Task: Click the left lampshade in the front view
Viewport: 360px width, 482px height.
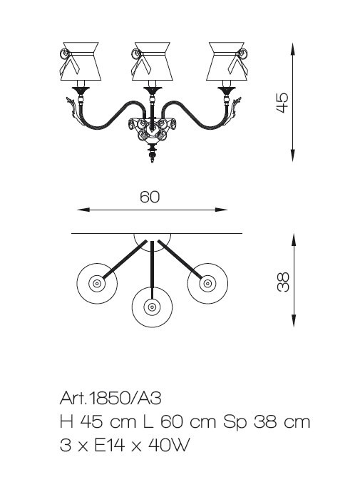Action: coord(81,61)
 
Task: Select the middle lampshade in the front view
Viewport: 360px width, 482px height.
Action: coord(153,61)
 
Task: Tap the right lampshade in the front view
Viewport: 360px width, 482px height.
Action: coord(227,61)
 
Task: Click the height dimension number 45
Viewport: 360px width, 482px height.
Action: coord(282,103)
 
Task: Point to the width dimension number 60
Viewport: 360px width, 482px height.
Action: coord(150,197)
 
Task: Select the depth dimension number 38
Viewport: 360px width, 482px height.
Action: coord(283,282)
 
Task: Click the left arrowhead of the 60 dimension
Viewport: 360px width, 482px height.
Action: coord(83,210)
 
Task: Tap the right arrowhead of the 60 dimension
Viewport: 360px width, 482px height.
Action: coord(222,210)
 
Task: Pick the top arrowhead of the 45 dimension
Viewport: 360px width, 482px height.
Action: coord(293,48)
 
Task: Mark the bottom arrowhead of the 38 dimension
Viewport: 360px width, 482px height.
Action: coord(294,320)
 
